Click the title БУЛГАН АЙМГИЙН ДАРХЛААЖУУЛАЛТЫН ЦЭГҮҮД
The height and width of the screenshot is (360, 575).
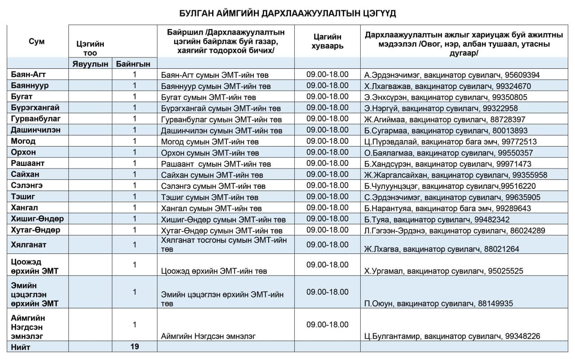click(287, 13)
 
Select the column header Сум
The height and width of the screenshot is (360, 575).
click(36, 42)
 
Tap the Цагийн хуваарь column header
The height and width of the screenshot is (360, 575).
click(327, 41)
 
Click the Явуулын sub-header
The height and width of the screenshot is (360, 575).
click(90, 64)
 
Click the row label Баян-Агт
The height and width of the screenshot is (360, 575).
click(27, 75)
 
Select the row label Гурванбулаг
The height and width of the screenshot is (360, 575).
click(35, 119)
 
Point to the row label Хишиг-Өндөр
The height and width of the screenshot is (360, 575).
click(37, 219)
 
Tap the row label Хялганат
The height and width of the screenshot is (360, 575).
click(29, 244)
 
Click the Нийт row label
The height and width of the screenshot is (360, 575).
click(21, 347)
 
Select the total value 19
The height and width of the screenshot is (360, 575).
click(134, 347)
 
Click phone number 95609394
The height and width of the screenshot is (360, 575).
click(519, 75)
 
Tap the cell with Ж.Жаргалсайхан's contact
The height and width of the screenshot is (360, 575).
click(456, 175)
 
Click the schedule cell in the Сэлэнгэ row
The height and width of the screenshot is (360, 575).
click(327, 185)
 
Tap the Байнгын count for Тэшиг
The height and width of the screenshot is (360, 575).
click(134, 196)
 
